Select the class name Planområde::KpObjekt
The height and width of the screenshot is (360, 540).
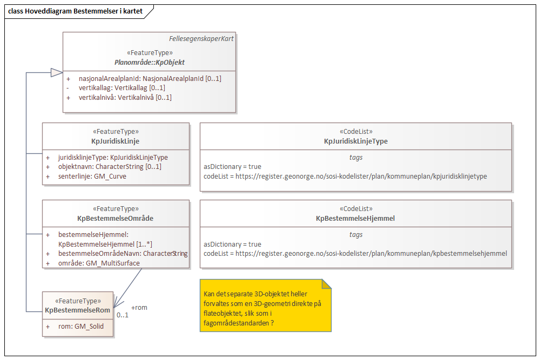click(150, 62)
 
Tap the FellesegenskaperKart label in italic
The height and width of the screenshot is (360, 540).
click(201, 39)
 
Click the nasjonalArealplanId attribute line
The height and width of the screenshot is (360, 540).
click(150, 78)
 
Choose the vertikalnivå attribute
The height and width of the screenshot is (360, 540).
click(125, 98)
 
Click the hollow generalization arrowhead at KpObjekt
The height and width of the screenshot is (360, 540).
click(56, 72)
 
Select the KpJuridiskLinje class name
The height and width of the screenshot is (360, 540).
click(116, 141)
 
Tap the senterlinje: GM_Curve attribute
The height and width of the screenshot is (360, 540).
click(92, 176)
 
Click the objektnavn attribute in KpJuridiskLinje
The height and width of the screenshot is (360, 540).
click(110, 167)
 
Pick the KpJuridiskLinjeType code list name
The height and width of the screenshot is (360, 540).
click(355, 141)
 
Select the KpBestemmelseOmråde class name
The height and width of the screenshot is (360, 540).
click(116, 218)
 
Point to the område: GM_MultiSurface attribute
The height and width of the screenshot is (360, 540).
click(99, 263)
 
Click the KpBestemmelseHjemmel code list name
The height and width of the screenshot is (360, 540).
click(355, 218)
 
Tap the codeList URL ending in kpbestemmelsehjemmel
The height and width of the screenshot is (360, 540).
click(355, 253)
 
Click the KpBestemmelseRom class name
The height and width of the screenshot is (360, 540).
click(78, 310)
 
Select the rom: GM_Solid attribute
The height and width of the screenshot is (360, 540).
click(82, 326)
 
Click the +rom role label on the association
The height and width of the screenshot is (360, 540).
click(139, 308)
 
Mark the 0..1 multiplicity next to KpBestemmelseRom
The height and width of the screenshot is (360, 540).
click(123, 315)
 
